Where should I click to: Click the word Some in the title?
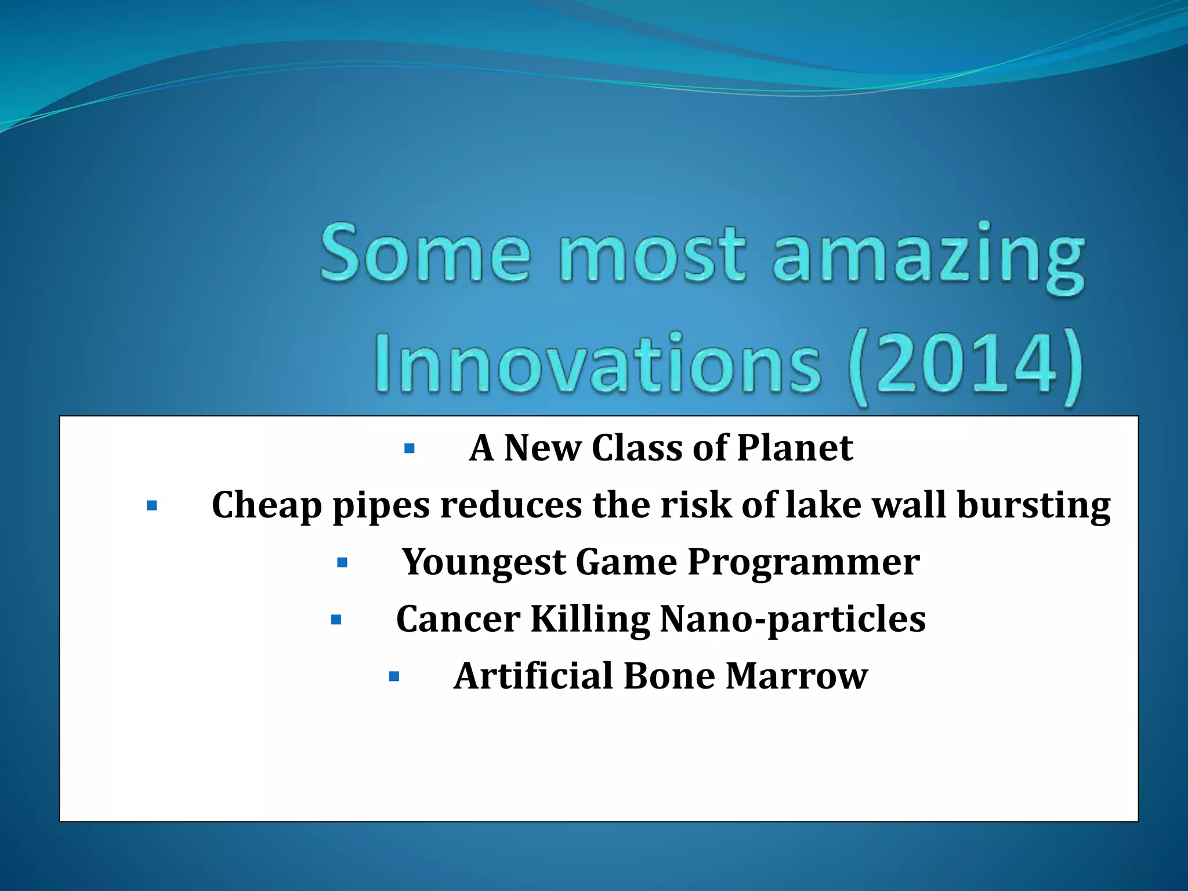[x=425, y=254]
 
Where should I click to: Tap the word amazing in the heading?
[x=928, y=258]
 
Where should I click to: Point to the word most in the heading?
[x=651, y=254]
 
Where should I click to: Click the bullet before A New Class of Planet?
[x=410, y=448]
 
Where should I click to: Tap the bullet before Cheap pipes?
[x=152, y=506]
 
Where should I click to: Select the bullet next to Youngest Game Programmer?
[x=342, y=563]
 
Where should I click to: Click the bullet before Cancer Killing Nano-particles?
[x=336, y=620]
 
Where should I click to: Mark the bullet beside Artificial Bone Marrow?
[x=394, y=676]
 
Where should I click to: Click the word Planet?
[x=795, y=448]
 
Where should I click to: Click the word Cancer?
[x=458, y=620]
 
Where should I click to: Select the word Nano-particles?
[x=793, y=620]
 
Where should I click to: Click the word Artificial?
[x=533, y=676]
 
